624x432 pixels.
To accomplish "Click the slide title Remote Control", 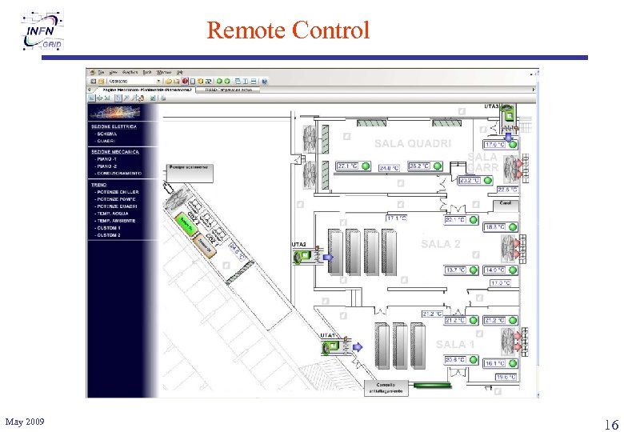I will click(x=288, y=30).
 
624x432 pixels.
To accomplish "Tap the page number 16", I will click(x=610, y=423).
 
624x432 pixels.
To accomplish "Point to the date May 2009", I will click(x=25, y=422).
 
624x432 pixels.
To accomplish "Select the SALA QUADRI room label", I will click(x=413, y=143).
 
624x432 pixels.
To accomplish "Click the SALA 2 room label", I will click(x=441, y=243).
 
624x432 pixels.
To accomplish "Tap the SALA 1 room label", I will click(x=455, y=344).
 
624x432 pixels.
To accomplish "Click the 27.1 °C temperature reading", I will click(x=347, y=166).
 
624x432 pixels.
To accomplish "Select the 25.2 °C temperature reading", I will click(x=419, y=166).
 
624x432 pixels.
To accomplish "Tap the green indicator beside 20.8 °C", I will click(x=473, y=359).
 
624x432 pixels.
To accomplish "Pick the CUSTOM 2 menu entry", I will click(x=108, y=236).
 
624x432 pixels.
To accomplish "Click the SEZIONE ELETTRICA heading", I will click(x=114, y=126).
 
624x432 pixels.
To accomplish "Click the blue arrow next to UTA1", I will click(x=358, y=346).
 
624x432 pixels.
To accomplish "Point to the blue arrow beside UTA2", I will click(x=329, y=256).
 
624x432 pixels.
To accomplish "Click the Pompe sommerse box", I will click(x=189, y=168).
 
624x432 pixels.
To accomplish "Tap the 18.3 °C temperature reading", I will click(x=494, y=227).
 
